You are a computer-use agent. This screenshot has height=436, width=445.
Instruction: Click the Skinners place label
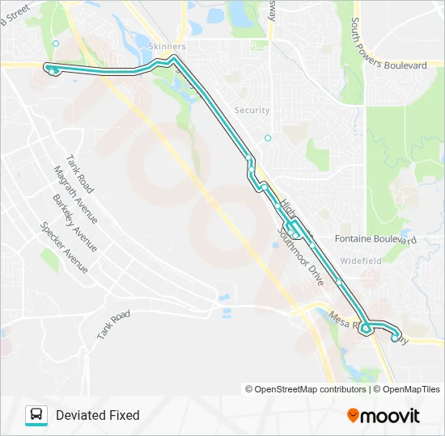167,46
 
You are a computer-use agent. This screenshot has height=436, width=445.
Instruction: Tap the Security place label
252,111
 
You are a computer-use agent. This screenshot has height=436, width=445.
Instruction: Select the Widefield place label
361,261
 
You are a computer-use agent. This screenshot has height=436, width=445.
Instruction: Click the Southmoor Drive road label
300,255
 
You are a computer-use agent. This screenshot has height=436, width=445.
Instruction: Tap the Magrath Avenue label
76,195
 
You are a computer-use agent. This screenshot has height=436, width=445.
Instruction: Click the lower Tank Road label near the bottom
113,325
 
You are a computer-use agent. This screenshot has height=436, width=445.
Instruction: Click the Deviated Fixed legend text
98,415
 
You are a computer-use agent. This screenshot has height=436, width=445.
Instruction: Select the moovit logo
384,415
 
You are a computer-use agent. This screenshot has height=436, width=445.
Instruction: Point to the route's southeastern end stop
394,339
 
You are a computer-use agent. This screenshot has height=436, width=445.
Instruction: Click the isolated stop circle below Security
268,137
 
